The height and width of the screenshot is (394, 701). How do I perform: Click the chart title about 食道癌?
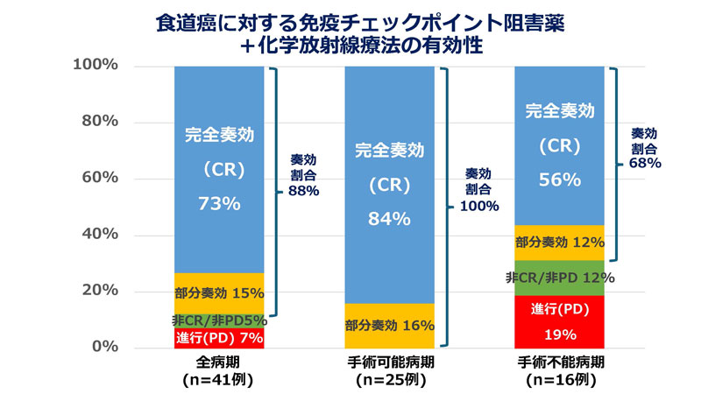(x=350, y=32)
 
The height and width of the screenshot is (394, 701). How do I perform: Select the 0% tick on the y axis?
(x=102, y=348)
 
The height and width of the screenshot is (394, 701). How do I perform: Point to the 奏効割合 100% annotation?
(x=478, y=190)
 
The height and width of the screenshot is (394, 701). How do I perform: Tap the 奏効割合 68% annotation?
(x=646, y=147)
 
